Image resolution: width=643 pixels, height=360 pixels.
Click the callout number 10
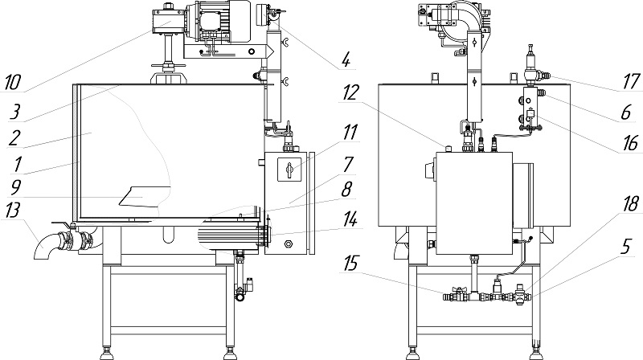(14, 83)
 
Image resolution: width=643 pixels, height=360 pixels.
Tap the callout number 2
(14, 137)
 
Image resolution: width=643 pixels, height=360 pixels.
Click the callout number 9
(14, 193)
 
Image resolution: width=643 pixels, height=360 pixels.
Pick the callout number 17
(628, 80)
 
